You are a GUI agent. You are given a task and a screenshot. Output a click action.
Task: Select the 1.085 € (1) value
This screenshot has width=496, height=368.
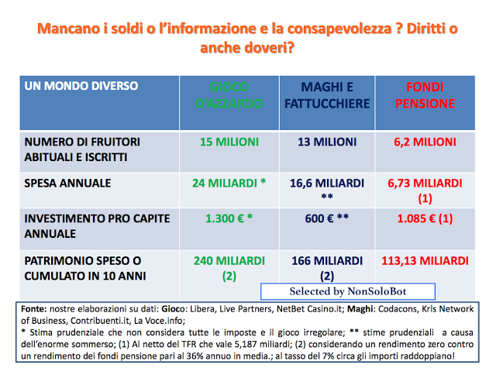[x=423, y=218]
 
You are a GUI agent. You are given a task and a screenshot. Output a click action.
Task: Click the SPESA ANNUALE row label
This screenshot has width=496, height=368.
[x=68, y=184]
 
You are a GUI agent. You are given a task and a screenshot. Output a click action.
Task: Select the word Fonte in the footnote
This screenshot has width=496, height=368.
[x=34, y=308]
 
